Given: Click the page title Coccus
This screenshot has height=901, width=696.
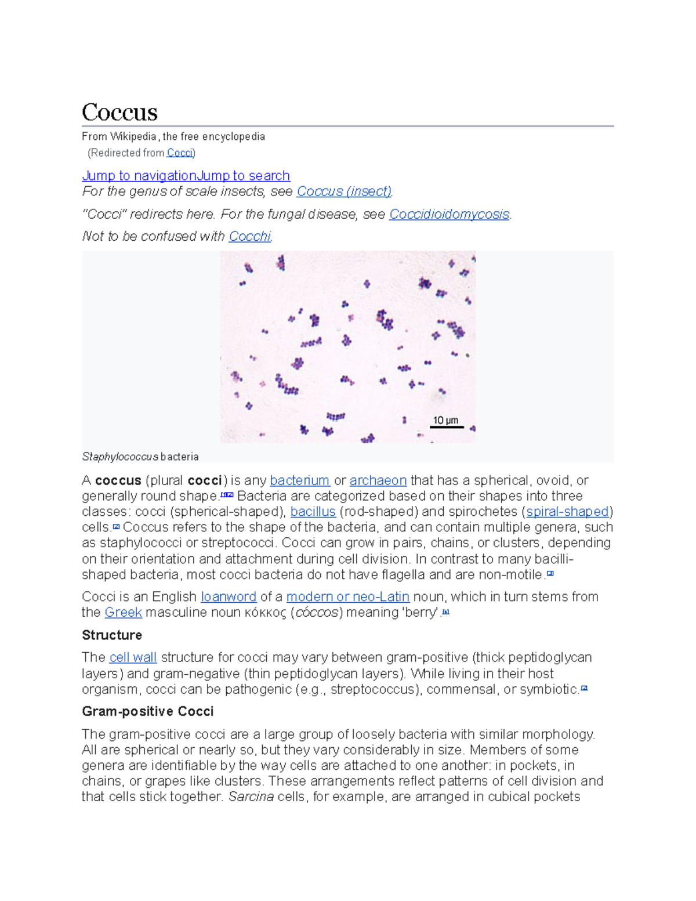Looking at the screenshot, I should tap(119, 112).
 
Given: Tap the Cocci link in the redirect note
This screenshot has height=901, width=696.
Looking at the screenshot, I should tap(179, 153).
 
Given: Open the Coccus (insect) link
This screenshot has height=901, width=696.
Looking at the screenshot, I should tap(344, 191).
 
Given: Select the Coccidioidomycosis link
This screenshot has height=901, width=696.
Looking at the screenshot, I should tap(449, 214).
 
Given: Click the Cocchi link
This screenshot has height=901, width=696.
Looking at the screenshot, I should tap(249, 236).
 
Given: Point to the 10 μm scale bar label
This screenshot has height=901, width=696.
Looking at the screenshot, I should tap(445, 421).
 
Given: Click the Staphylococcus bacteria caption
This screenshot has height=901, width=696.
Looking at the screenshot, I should tap(140, 457).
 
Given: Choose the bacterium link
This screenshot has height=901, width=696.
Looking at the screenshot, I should tap(300, 480).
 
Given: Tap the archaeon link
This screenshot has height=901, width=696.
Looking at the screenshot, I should tap(378, 480).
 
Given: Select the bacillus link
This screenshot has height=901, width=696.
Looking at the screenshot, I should tap(313, 512).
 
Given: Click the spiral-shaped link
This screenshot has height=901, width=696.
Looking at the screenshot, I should tap(567, 512).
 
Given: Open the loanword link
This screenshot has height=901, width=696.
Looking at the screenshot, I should tap(229, 596).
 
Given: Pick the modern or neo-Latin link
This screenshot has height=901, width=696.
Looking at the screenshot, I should tap(348, 596).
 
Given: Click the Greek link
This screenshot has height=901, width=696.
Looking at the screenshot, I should tap(123, 612).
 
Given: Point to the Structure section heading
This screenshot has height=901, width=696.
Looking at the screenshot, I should tap(112, 635).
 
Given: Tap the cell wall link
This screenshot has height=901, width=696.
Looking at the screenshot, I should tap(133, 657).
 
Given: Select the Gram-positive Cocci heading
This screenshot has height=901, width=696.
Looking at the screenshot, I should tap(147, 711).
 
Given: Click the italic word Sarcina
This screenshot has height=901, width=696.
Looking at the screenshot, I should tap(251, 797).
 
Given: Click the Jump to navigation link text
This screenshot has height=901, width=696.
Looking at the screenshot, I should tap(139, 175).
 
